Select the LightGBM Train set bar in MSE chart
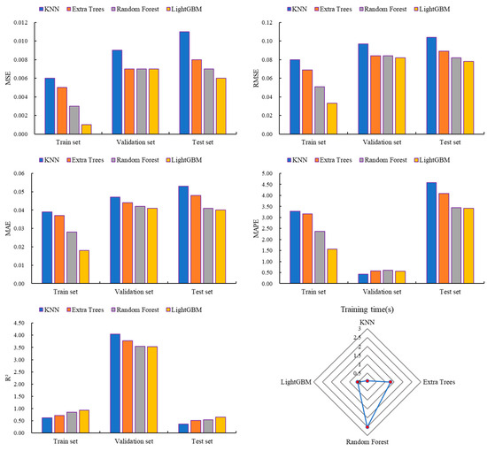[x=86, y=129]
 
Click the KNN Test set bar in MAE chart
[x=184, y=234]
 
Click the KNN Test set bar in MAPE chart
[x=431, y=233]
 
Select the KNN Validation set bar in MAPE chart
[x=363, y=279]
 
